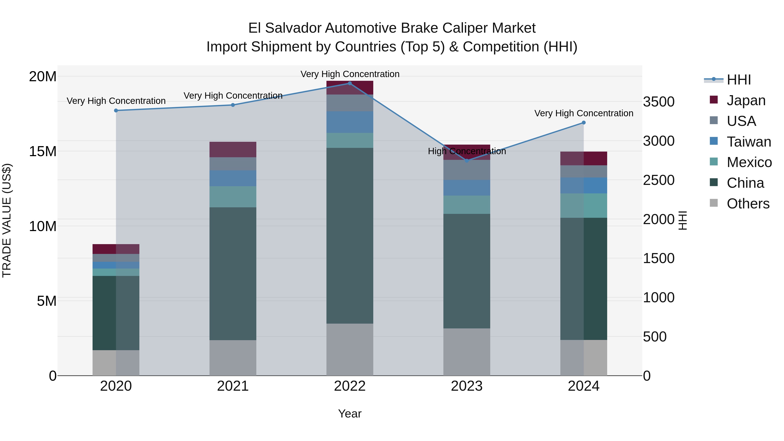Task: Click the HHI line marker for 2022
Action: pos(350,83)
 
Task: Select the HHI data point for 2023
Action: pos(467,160)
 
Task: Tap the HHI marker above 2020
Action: pos(116,110)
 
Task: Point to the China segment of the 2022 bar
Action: pos(350,236)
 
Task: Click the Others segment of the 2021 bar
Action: pos(233,358)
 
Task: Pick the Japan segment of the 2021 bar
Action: pos(233,149)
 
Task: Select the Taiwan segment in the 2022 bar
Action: pos(350,122)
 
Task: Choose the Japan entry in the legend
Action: pos(746,100)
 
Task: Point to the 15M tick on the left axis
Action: pos(43,151)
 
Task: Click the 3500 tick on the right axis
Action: pos(659,102)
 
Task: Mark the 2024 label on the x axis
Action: pos(583,386)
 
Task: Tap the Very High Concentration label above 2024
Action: pos(583,113)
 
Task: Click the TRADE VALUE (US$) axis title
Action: pos(7,220)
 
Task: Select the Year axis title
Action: pos(350,414)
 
